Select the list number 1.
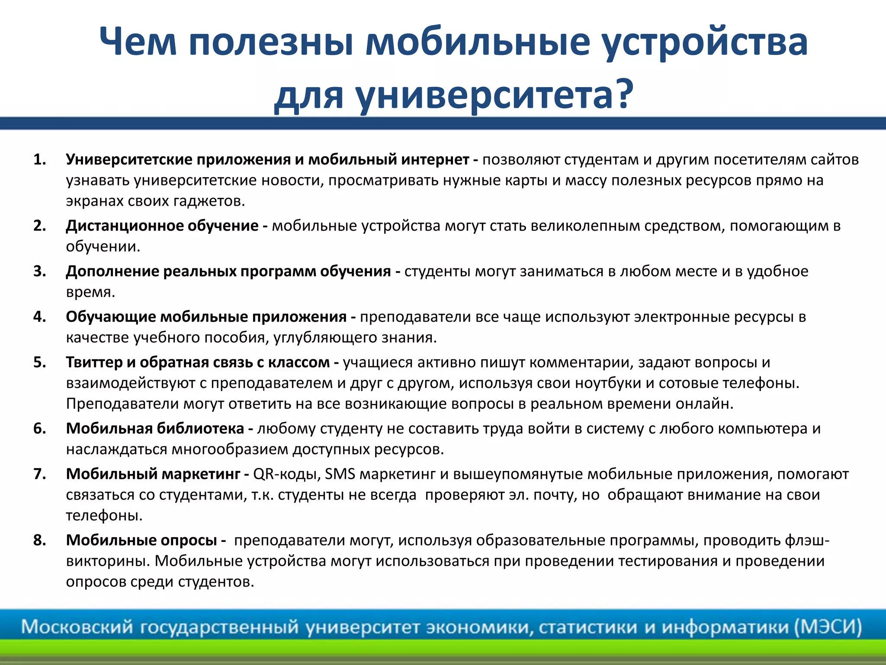click(x=39, y=160)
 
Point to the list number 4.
click(x=39, y=317)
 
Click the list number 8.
click(x=39, y=540)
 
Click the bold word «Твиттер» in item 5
click(x=94, y=362)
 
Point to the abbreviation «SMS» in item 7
click(x=340, y=475)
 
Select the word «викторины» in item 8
click(x=108, y=561)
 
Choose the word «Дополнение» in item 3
click(x=112, y=271)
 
